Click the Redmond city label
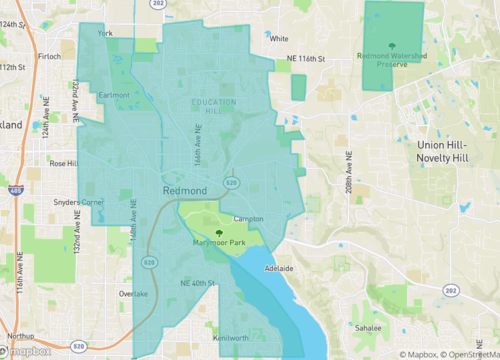pos(185,190)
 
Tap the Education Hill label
pos(214,107)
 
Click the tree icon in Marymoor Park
pos(219,231)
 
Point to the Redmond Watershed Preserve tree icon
pos(392,45)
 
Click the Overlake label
pos(133,294)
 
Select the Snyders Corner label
pos(79,203)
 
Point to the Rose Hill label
pos(64,163)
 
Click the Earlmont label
pos(113,95)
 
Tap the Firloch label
pos(49,57)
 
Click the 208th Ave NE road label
pos(351,172)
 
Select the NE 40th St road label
pos(198,284)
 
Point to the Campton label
pos(248,218)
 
